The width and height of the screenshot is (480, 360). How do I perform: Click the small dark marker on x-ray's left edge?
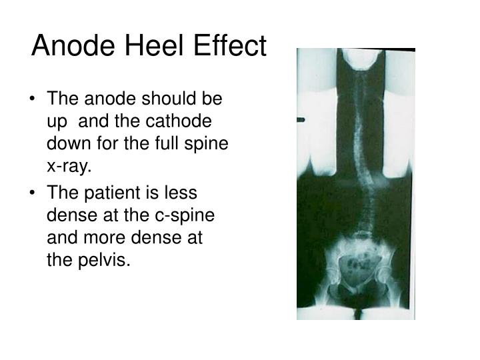(x=301, y=119)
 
